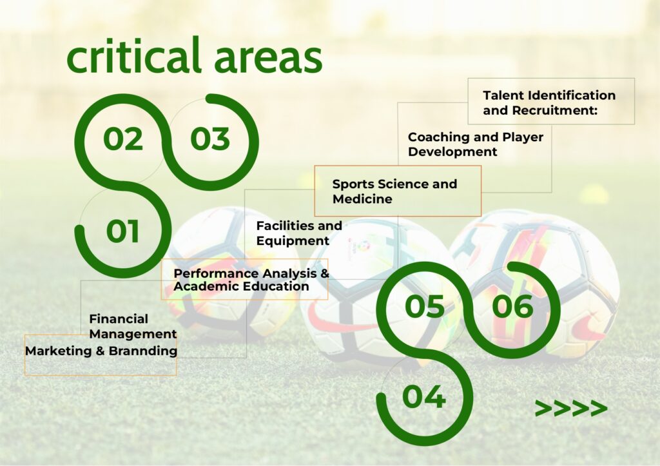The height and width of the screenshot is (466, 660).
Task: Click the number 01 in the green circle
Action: pyautogui.click(x=122, y=231)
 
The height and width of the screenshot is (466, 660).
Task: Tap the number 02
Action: pyautogui.click(x=123, y=139)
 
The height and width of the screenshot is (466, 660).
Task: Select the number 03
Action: pyautogui.click(x=210, y=139)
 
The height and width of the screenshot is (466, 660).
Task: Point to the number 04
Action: pyautogui.click(x=424, y=396)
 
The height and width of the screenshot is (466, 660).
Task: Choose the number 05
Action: pyautogui.click(x=425, y=306)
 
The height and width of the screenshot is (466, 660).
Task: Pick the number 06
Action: pyautogui.click(x=512, y=306)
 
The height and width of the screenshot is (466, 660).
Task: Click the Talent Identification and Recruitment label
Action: pyautogui.click(x=549, y=102)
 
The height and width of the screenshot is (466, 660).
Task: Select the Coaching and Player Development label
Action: pyautogui.click(x=475, y=144)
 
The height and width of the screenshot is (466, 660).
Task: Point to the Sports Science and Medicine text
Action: pyautogui.click(x=394, y=191)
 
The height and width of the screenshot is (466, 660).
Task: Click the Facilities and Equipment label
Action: pyautogui.click(x=299, y=233)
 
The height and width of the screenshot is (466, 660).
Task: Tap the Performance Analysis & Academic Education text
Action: pyautogui.click(x=251, y=280)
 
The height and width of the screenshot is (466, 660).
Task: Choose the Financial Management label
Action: pyautogui.click(x=133, y=326)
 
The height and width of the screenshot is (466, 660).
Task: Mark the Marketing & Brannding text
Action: pyautogui.click(x=101, y=351)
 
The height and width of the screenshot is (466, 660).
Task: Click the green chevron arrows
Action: pyautogui.click(x=571, y=408)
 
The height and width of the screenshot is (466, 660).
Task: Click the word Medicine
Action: pyautogui.click(x=362, y=199)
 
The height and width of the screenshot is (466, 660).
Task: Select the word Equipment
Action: pyautogui.click(x=293, y=240)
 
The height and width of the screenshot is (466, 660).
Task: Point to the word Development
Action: pyautogui.click(x=452, y=151)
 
